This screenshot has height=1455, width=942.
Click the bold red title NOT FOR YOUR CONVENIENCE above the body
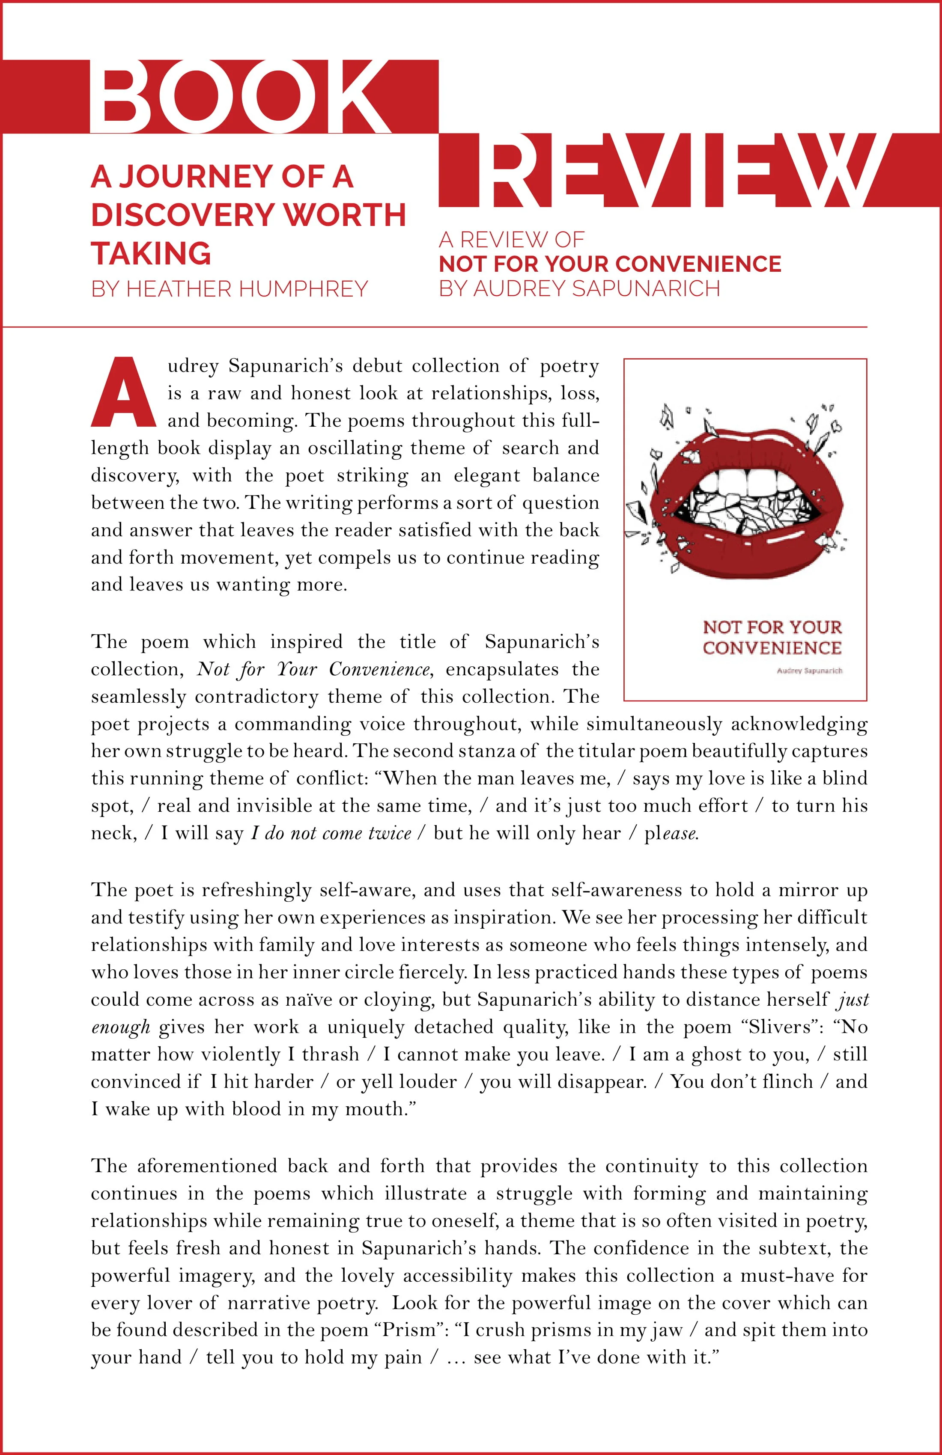610,264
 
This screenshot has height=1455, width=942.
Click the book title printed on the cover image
772,637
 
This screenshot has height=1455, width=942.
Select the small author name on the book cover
809,671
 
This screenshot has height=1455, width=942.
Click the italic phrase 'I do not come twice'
331,833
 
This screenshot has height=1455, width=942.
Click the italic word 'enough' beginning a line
120,1027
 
